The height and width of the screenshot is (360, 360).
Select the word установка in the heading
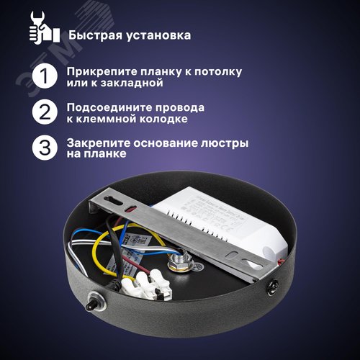tap(161, 35)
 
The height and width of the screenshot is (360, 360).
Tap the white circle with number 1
tap(44, 77)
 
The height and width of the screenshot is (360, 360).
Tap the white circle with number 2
tap(44, 112)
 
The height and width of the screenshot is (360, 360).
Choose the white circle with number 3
tap(44, 148)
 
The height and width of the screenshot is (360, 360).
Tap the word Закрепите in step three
tap(98, 143)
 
